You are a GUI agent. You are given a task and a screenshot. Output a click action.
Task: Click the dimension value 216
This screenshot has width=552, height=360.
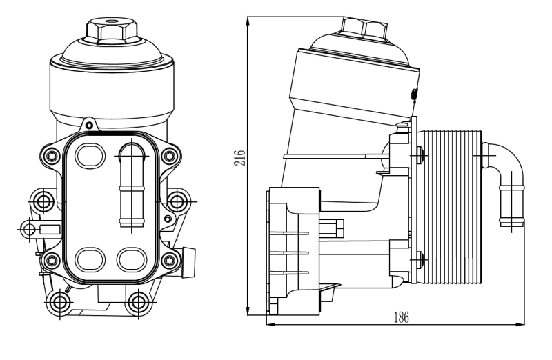pos(239,159)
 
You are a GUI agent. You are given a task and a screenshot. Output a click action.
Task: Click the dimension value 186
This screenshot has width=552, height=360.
pos(401,317)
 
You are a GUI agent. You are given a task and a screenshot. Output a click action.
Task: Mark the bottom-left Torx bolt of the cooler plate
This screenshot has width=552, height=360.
pos(50,260)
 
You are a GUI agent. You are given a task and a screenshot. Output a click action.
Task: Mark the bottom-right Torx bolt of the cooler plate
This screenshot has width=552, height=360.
pos(170,260)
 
